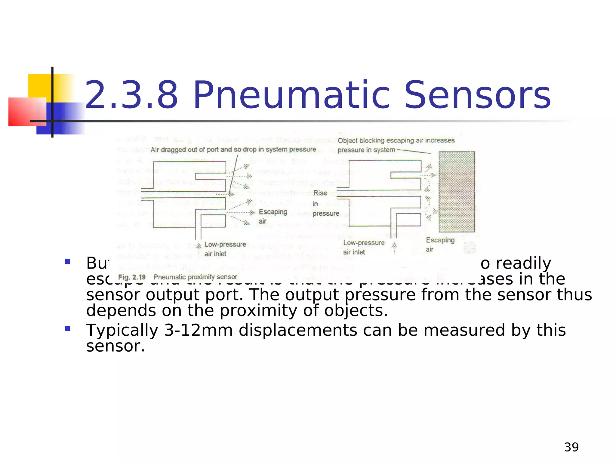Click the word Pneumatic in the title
coord(291,96)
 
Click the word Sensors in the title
coord(477,96)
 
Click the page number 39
coord(571,447)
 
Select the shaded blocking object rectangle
coord(457,192)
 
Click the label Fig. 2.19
coord(132,277)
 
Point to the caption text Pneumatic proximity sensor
coord(195,277)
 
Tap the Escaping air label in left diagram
coord(272,216)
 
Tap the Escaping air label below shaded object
coord(439,245)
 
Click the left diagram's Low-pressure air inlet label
coord(225,249)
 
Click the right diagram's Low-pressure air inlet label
coord(363,247)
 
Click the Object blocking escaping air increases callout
coord(396,141)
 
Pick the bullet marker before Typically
coord(68,328)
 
